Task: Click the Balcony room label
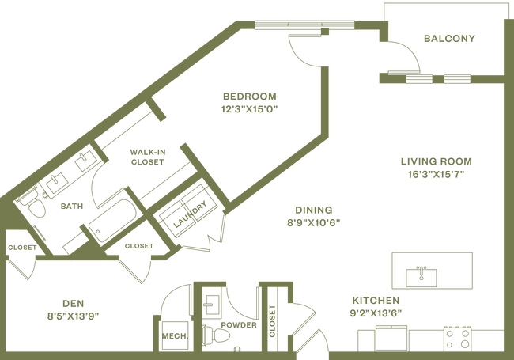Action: (448, 38)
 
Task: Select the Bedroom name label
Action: (250, 97)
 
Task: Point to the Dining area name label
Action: (314, 210)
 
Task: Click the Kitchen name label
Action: (376, 301)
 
